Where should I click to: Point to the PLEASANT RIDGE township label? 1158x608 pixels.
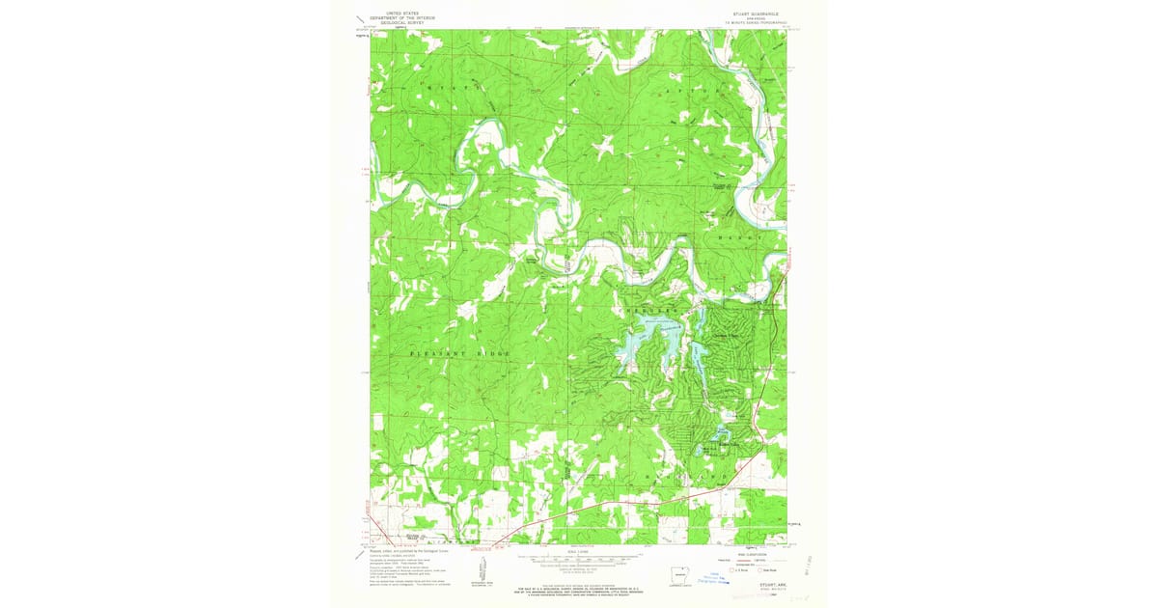[x=459, y=354]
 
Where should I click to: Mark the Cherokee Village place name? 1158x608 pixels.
[x=731, y=335]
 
